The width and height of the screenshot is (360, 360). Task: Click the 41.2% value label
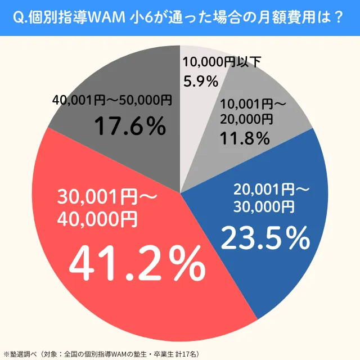click(136, 264)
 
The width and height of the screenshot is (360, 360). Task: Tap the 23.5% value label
click(265, 238)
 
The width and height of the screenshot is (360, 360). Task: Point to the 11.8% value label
click(244, 137)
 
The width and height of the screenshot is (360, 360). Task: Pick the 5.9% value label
click(201, 82)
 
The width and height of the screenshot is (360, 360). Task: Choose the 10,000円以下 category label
click(222, 62)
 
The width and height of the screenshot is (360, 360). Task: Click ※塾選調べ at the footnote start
click(20, 354)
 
